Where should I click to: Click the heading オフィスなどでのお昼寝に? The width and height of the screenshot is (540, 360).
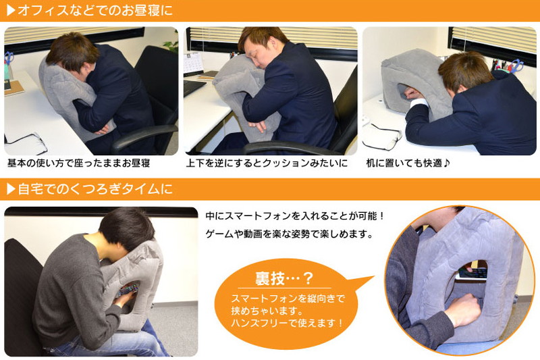click(x=95, y=10)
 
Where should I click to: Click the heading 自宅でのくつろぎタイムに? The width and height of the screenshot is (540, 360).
click(x=95, y=189)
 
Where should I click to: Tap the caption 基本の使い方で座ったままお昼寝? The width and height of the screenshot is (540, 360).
click(x=79, y=163)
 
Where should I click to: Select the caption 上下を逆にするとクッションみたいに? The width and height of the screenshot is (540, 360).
click(x=267, y=163)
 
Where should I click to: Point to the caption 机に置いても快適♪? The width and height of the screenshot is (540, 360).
click(x=408, y=163)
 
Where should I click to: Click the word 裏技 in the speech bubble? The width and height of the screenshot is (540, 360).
click(x=269, y=278)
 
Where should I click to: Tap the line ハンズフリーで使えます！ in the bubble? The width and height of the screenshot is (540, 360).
click(x=288, y=323)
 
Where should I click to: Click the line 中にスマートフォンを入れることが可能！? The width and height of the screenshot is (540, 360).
click(x=295, y=216)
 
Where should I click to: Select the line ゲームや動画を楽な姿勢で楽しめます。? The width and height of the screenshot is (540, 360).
click(x=290, y=234)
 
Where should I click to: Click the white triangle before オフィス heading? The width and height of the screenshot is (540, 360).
click(x=11, y=10)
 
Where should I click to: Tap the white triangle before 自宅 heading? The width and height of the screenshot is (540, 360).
click(x=11, y=189)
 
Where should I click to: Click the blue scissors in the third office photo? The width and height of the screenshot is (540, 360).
click(x=516, y=66)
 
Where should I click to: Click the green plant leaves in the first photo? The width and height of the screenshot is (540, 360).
click(x=171, y=43)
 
